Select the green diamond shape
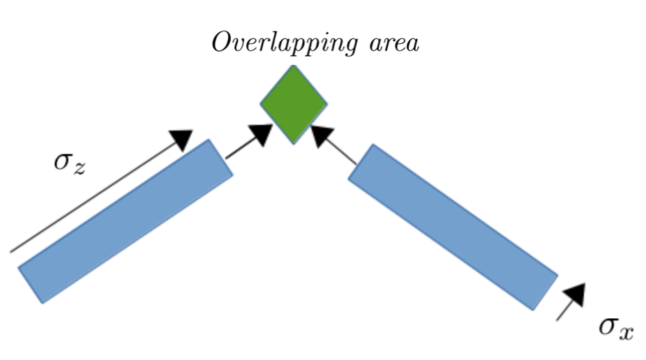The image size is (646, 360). point(294,105)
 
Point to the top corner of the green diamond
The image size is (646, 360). point(294,67)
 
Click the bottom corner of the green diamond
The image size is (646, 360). point(294,143)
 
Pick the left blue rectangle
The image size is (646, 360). point(126,221)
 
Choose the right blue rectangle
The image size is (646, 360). point(453,226)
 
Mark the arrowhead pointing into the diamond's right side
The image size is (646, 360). point(322,135)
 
